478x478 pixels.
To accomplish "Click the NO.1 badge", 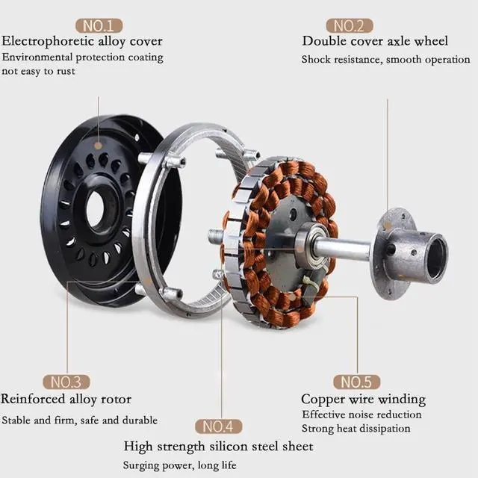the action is pos(99,25).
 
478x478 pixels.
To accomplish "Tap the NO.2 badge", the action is pos(350,25).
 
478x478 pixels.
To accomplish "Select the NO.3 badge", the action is pos(66,382).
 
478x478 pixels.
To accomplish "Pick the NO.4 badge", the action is pos(219,426).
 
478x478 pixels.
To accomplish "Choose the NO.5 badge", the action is pos(357,382).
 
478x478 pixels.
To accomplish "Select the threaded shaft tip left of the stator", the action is pos(214,236).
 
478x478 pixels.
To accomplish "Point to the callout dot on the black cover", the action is pos(98,146).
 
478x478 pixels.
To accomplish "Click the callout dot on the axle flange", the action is pos(388,226).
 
